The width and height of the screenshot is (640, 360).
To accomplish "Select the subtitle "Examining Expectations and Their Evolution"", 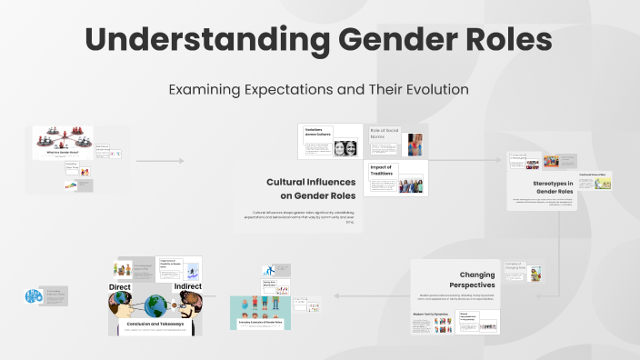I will pyautogui.click(x=319, y=90).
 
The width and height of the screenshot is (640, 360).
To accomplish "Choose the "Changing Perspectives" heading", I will pyautogui.click(x=476, y=279).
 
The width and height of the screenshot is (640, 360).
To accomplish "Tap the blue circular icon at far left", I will pyautogui.click(x=34, y=296).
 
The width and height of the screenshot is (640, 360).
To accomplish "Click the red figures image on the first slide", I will pyautogui.click(x=63, y=139).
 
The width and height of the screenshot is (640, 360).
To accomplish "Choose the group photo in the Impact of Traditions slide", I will pyautogui.click(x=410, y=185).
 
